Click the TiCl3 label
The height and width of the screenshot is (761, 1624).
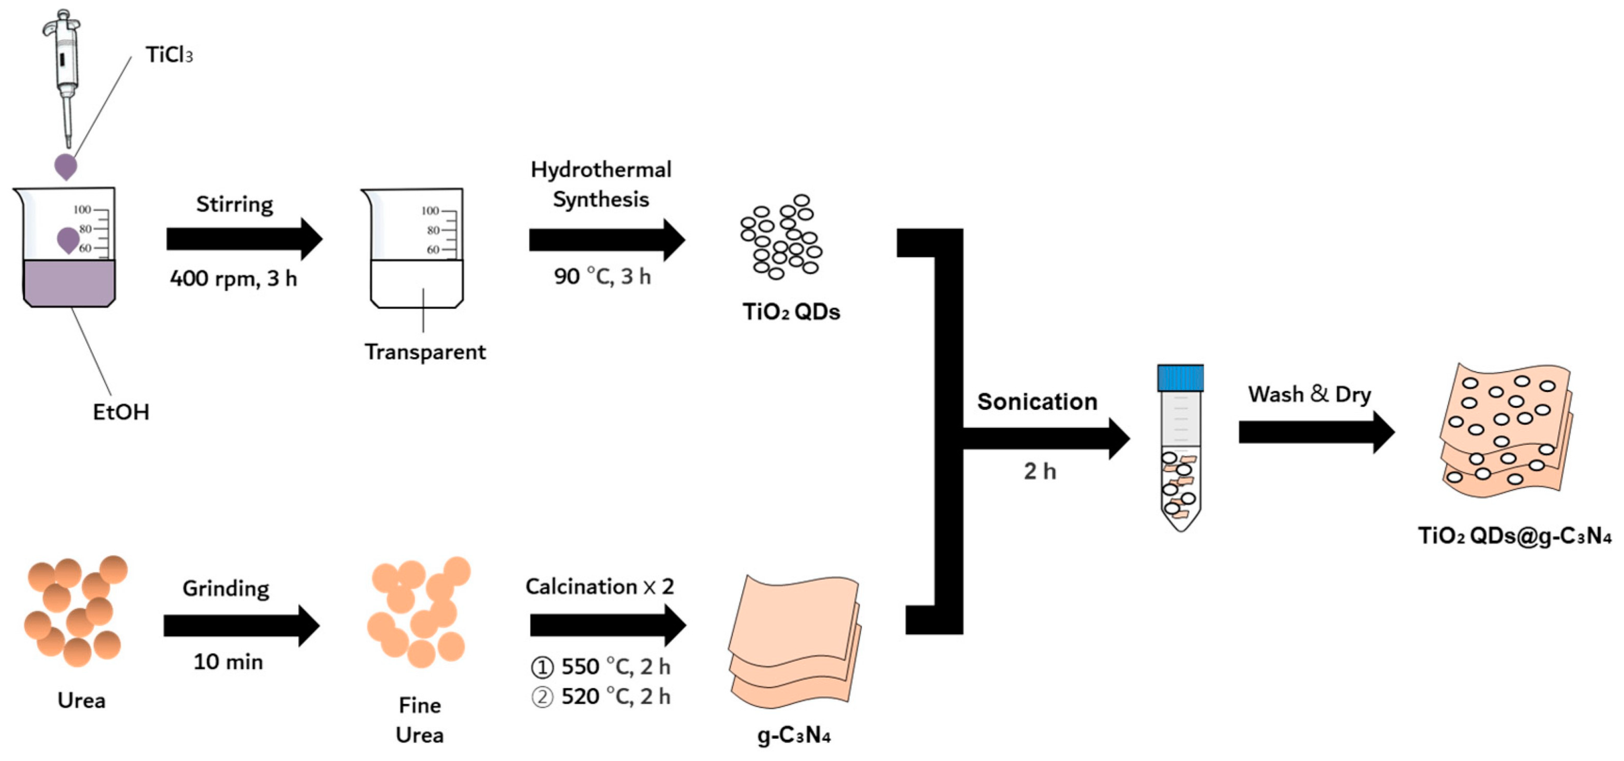tap(169, 55)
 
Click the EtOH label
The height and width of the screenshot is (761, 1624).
tap(121, 412)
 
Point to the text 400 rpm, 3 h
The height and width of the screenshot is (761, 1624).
tap(233, 278)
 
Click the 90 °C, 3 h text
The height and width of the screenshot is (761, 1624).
tap(602, 276)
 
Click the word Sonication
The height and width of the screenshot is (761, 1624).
tap(1037, 402)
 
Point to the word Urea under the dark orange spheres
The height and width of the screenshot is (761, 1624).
tap(81, 700)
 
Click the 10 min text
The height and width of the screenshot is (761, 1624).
tap(228, 661)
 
